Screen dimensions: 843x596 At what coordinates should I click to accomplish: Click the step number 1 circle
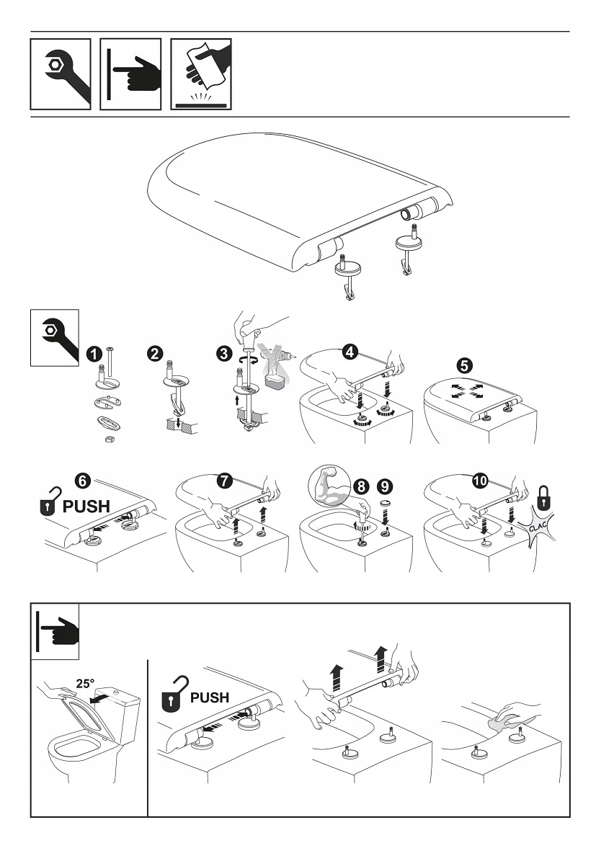pos(92,353)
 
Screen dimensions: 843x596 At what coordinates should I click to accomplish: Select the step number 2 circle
pos(154,353)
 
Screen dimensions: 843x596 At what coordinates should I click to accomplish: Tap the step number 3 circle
pos(225,353)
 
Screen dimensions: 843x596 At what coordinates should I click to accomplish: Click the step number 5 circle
pos(466,366)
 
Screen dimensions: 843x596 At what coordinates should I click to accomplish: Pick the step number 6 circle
pos(84,479)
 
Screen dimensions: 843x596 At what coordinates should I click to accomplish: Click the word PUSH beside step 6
pos(86,506)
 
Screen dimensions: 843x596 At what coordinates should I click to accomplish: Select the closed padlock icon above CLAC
pos(543,496)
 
